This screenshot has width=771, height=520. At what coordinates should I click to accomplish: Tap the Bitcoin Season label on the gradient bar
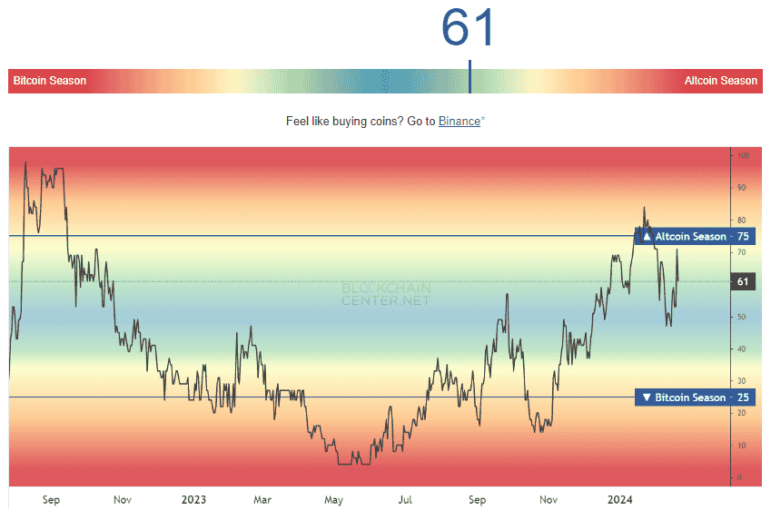[50, 81]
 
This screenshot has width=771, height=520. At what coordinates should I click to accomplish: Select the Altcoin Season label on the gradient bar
[720, 81]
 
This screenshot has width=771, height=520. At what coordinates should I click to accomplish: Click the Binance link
[459, 121]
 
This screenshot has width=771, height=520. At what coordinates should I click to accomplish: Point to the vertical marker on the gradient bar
[470, 77]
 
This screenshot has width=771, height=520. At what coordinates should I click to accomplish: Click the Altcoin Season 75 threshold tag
[695, 237]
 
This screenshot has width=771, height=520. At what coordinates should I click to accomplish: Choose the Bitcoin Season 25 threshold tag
[695, 397]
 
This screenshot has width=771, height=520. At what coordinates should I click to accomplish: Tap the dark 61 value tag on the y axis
[743, 282]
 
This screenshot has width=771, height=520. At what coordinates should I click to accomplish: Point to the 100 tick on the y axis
[743, 156]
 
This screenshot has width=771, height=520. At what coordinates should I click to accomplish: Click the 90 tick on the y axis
[742, 188]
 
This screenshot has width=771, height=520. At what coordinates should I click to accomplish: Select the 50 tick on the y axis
[742, 317]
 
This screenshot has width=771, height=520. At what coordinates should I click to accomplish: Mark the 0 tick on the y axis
[740, 477]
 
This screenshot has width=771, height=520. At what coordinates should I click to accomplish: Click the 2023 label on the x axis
[193, 500]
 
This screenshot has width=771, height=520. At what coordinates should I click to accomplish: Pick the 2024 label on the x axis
[620, 500]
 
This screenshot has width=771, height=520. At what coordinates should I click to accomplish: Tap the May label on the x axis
[333, 500]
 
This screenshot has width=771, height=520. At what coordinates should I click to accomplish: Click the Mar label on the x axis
[262, 500]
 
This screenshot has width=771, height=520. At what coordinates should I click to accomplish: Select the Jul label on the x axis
[405, 500]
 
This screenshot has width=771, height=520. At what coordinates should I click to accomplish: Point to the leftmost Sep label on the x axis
[51, 500]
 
